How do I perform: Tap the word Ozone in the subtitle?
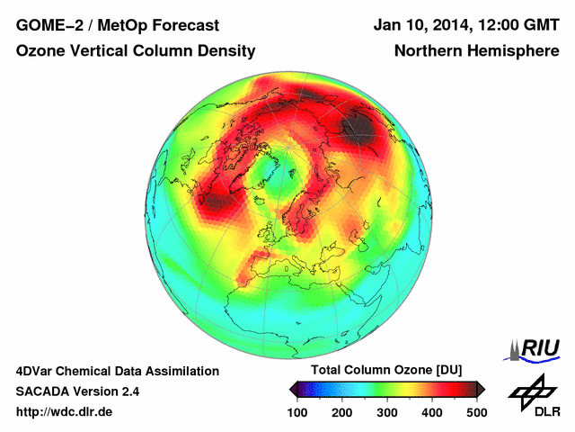pos(40,51)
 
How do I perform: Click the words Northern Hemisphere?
pos(476,51)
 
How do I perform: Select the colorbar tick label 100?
pos(296,411)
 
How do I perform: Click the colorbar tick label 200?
pos(341,411)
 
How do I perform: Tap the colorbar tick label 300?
pos(386,411)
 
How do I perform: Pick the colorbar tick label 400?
pos(431,411)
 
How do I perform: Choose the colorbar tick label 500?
pos(476,411)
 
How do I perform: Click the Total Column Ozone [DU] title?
pos(386,371)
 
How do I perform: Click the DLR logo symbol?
pos(533,388)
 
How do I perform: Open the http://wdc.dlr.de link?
pos(65,412)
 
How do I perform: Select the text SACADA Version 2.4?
pos(77,391)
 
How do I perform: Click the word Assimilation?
pos(182,371)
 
